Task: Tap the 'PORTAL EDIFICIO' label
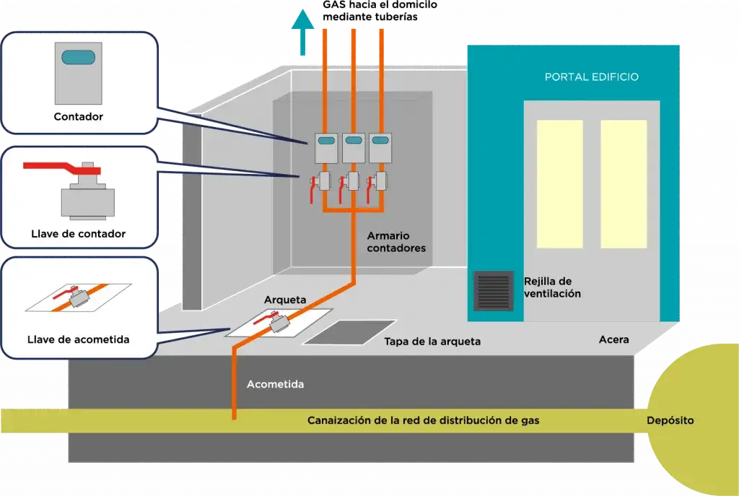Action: [591, 77]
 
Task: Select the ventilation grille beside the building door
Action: [493, 291]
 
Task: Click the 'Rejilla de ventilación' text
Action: [552, 287]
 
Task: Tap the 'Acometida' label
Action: [275, 385]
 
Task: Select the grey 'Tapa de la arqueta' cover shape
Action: [349, 331]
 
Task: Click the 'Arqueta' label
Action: [285, 300]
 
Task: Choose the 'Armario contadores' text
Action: [396, 242]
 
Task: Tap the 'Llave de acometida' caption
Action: [79, 339]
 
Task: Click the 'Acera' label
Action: [614, 340]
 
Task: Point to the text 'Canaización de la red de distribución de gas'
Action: [423, 420]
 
